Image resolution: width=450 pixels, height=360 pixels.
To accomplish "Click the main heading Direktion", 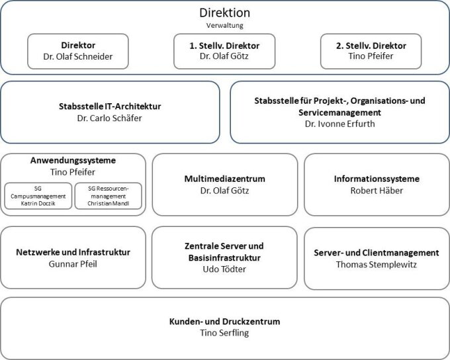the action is click(225, 13).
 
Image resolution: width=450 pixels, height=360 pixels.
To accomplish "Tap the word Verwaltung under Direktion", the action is click(225, 26).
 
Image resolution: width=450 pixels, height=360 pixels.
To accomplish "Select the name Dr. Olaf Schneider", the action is click(78, 56).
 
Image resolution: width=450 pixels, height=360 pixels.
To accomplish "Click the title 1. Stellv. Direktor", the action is click(224, 46).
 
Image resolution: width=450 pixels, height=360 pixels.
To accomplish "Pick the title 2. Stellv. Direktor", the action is click(371, 46).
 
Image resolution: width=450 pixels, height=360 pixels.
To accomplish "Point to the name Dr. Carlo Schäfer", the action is click(109, 118).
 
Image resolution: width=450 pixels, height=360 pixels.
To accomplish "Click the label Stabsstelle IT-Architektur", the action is click(110, 107).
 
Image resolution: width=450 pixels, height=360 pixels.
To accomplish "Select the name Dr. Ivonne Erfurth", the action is click(339, 124).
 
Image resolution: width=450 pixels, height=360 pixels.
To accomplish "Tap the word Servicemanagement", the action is click(339, 112).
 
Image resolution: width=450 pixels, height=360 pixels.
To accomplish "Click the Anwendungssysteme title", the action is click(73, 160).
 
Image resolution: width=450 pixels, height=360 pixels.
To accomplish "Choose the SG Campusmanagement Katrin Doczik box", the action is click(38, 196).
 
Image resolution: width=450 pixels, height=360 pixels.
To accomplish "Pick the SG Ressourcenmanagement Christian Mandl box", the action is click(109, 196).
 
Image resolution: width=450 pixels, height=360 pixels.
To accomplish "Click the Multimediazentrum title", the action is click(225, 179).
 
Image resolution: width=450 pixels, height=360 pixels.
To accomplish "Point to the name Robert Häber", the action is click(377, 191).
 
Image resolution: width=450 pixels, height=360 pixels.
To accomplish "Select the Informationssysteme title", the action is click(377, 179).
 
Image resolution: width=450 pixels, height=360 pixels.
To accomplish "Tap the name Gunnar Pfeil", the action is click(73, 264).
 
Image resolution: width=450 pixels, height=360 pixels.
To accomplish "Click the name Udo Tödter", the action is click(224, 269).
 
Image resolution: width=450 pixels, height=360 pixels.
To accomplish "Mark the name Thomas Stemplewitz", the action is click(377, 265).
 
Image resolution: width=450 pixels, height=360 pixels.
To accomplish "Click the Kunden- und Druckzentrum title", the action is click(225, 321).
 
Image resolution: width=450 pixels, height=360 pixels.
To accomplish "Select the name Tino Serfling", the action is click(224, 333).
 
